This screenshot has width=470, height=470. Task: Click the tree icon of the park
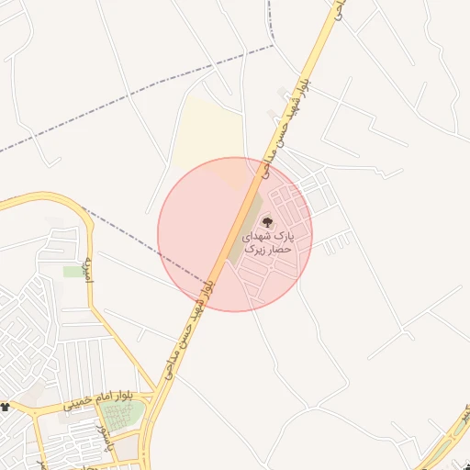(268, 221)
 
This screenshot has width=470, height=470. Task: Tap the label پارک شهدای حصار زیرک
(267, 242)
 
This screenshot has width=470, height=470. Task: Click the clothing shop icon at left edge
(6, 406)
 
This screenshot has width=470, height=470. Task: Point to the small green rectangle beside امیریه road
(73, 272)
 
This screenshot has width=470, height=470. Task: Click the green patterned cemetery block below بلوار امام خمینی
(121, 416)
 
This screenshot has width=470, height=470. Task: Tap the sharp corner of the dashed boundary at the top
(273, 46)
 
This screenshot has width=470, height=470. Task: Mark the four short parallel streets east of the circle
(337, 243)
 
